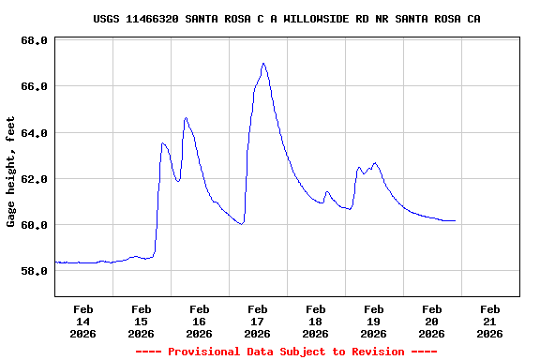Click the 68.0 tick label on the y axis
tap(34, 41)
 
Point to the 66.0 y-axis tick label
tap(34, 87)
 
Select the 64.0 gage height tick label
tap(34, 133)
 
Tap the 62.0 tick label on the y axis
tap(34, 179)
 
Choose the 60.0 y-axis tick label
tap(34, 225)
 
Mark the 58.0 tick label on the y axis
tap(34, 272)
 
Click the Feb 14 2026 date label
tap(83, 321)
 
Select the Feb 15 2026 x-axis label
tap(142, 321)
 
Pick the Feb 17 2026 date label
tap(258, 321)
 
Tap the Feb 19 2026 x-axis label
tap(373, 321)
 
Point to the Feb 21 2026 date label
tap(489, 321)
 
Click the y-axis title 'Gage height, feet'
tap(11, 172)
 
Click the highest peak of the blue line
tap(263, 64)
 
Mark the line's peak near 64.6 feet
tap(186, 118)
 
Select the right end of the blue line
tap(455, 220)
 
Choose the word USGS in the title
tap(107, 19)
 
